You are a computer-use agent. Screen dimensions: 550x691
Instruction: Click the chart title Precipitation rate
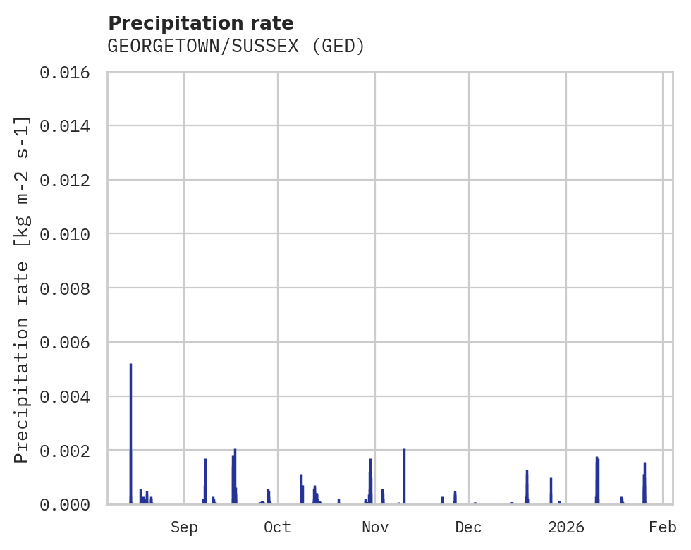[201, 23]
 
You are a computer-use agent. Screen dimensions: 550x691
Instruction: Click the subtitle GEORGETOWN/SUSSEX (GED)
[236, 47]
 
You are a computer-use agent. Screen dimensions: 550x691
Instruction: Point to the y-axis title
[23, 289]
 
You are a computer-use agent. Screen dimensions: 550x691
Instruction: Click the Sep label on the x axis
[184, 527]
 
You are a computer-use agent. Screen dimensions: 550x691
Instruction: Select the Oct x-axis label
[277, 527]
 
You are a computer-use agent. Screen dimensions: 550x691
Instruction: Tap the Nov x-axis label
[374, 527]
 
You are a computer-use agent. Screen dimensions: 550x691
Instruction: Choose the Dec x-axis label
[468, 527]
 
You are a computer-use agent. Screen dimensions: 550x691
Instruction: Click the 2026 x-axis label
[566, 527]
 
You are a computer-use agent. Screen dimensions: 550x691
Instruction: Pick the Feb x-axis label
[663, 527]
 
